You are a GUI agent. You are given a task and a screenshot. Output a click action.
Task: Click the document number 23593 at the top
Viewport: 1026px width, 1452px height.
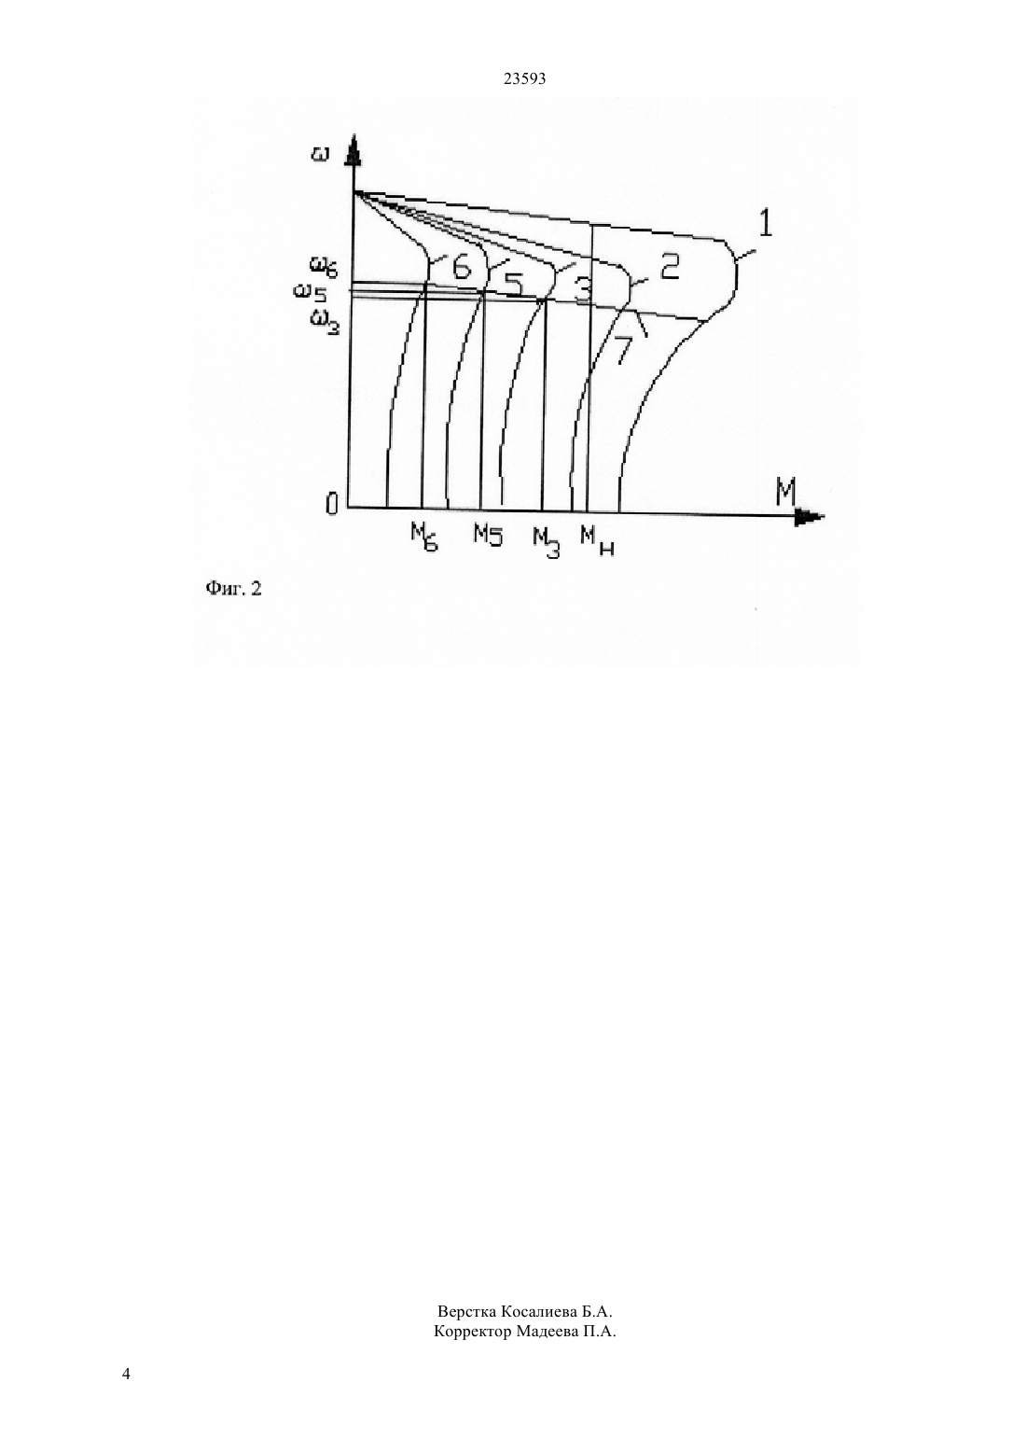(524, 78)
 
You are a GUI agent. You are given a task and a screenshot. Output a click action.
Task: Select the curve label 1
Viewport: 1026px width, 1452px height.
(765, 224)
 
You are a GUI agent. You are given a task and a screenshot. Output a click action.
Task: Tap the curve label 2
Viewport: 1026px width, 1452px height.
(669, 267)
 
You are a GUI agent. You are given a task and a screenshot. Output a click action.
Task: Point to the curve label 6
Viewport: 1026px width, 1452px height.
(461, 267)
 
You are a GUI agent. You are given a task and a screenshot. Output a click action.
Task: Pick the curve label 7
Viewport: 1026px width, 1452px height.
(622, 350)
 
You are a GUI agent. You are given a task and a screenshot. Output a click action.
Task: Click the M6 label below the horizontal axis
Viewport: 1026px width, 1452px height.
(423, 538)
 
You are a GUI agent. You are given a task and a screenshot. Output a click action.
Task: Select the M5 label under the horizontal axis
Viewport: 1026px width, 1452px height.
(487, 534)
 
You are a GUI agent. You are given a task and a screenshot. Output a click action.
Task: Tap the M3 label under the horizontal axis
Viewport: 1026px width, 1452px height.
(547, 542)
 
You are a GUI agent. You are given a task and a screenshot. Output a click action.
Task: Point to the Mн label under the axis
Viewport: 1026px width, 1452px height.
(597, 541)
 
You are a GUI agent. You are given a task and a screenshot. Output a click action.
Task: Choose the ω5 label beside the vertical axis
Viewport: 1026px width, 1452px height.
(310, 295)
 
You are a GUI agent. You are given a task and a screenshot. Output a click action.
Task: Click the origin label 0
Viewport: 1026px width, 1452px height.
(332, 504)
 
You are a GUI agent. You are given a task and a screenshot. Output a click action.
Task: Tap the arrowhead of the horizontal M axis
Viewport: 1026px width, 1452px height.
(810, 517)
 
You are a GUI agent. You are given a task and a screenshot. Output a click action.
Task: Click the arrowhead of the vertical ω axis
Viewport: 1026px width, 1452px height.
(353, 148)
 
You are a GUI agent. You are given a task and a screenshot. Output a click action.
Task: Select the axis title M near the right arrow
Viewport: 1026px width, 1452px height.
(785, 494)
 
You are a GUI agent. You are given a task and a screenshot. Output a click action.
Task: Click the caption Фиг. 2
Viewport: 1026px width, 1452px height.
(233, 589)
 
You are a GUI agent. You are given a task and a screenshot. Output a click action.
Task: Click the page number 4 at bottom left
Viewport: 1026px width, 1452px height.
(126, 1375)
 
